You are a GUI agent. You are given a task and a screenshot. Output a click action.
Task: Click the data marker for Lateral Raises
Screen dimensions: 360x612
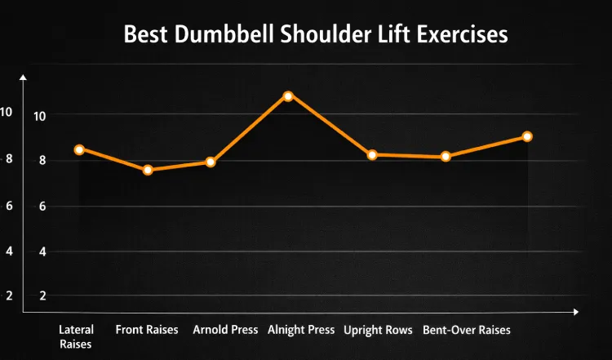(x=79, y=149)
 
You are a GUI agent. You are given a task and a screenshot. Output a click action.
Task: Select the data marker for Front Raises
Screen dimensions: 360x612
(x=148, y=170)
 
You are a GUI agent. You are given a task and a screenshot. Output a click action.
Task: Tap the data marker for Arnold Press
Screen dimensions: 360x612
(x=211, y=162)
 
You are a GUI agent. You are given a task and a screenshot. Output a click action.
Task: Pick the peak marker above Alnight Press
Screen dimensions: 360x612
(x=287, y=96)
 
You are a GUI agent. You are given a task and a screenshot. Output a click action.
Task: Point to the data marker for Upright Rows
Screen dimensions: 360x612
(x=372, y=154)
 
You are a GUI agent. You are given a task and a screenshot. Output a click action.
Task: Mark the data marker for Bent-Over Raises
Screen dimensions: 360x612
(x=446, y=156)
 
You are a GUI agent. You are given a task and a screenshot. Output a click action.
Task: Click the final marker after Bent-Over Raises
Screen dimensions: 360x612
(x=527, y=136)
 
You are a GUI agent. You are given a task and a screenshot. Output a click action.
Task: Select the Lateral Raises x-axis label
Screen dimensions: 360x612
(x=76, y=336)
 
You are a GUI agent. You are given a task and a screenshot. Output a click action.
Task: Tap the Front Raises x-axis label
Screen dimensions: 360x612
(x=147, y=330)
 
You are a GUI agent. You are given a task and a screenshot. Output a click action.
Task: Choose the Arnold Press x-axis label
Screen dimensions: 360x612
(x=225, y=330)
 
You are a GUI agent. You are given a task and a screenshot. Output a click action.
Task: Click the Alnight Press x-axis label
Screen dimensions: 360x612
(x=301, y=330)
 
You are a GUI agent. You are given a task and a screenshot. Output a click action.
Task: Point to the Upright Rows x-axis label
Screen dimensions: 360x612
(x=379, y=330)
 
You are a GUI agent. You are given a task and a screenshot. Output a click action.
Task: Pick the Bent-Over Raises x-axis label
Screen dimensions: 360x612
(x=466, y=330)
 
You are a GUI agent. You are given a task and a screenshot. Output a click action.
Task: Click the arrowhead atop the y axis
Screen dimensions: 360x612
(x=24, y=78)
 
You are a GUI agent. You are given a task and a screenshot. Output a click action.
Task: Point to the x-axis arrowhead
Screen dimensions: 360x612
(x=575, y=312)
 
